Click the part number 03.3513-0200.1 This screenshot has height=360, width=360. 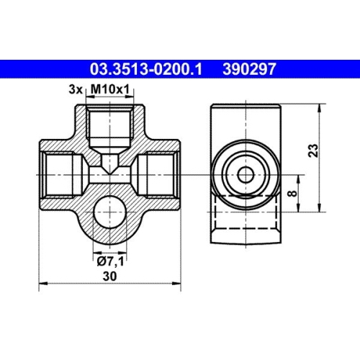(146, 69)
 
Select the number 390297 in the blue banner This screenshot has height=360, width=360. (249, 69)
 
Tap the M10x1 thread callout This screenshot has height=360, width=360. (110, 89)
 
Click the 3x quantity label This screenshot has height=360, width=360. (76, 90)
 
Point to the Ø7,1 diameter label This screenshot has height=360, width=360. (110, 261)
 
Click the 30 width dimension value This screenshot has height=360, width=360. (109, 276)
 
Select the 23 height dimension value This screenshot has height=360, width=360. (313, 150)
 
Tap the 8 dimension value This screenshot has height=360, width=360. (292, 193)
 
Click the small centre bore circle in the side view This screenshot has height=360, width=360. (246, 175)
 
